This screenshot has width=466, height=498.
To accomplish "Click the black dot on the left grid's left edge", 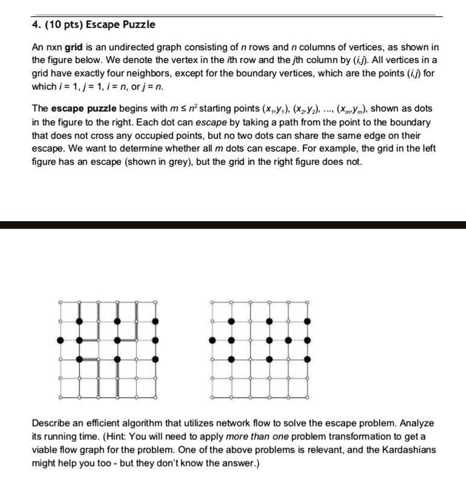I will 60,340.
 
